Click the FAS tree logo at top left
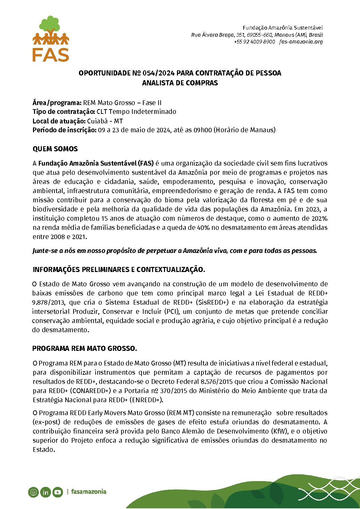click(51, 39)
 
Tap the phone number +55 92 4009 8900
click(254, 42)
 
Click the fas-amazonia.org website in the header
click(301, 42)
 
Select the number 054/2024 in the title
click(159, 73)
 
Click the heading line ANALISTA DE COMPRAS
click(180, 83)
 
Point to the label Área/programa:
click(57, 103)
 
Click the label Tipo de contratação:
click(64, 112)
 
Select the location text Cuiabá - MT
click(105, 121)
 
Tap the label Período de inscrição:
click(65, 130)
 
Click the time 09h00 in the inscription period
click(202, 130)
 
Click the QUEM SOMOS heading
click(55, 149)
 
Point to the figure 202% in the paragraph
click(319, 218)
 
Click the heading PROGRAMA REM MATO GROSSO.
click(84, 349)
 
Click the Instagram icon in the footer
click(33, 492)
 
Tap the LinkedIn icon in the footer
click(45, 492)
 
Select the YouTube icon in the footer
click(58, 492)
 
